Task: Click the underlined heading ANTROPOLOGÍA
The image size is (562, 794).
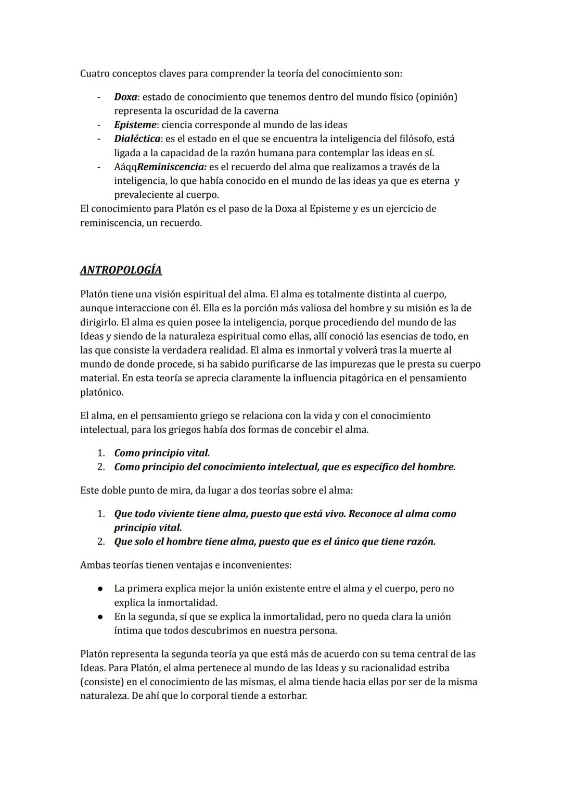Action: point(121,270)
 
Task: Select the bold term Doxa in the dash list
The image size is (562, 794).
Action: point(125,97)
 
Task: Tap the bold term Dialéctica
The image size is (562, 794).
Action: point(137,139)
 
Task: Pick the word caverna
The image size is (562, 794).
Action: point(259,111)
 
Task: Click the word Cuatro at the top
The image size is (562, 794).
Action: point(96,73)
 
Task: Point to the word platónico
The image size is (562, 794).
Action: point(101,392)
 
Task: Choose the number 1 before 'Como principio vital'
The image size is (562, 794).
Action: point(101,453)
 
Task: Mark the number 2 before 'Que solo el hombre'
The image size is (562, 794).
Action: point(101,542)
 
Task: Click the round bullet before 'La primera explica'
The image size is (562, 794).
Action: point(99,589)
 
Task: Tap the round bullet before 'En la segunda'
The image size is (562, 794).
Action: point(99,617)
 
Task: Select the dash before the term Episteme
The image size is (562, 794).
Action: point(98,125)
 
